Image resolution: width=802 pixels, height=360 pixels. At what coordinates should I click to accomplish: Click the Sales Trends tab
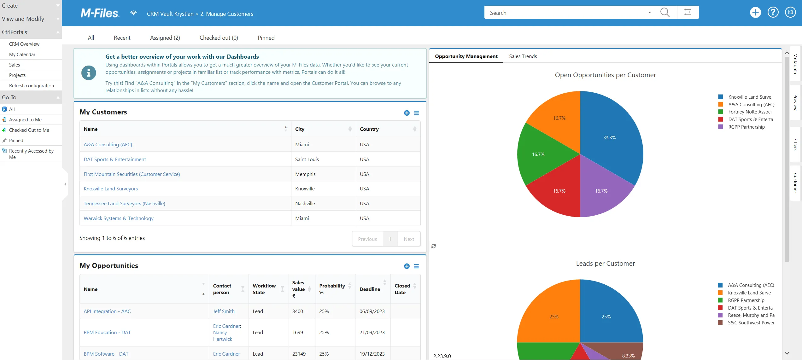click(x=523, y=56)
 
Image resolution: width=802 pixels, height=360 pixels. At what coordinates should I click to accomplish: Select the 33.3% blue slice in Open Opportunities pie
click(x=610, y=138)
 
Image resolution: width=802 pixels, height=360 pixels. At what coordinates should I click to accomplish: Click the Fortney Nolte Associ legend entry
click(x=750, y=112)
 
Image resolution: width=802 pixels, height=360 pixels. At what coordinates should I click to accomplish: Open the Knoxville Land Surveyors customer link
click(x=111, y=189)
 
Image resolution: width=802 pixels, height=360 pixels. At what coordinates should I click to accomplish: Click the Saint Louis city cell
click(x=307, y=159)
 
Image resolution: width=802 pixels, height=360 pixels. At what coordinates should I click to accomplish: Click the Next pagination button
click(x=409, y=239)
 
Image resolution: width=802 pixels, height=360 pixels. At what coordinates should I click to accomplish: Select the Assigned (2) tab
click(x=165, y=38)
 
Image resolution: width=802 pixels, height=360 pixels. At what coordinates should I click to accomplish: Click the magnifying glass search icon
click(x=665, y=13)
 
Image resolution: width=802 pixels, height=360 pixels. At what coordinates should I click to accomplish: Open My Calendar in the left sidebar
click(x=22, y=54)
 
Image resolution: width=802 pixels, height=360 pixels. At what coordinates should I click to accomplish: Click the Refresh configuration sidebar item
click(x=32, y=85)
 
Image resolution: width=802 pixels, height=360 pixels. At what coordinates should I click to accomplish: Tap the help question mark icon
click(x=773, y=13)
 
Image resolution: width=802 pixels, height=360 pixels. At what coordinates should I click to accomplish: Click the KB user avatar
click(x=790, y=13)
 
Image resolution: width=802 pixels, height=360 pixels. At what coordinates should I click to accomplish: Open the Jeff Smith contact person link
click(x=224, y=311)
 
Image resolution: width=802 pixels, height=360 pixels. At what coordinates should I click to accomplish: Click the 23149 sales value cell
click(x=299, y=354)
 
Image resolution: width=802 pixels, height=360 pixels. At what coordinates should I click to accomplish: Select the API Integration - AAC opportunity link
click(x=107, y=311)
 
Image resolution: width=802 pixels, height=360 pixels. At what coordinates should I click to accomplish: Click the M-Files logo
click(x=100, y=13)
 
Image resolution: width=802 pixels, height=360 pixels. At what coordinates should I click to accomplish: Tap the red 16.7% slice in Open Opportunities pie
click(x=559, y=191)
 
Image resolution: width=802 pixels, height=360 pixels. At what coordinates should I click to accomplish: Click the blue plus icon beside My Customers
click(x=407, y=113)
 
